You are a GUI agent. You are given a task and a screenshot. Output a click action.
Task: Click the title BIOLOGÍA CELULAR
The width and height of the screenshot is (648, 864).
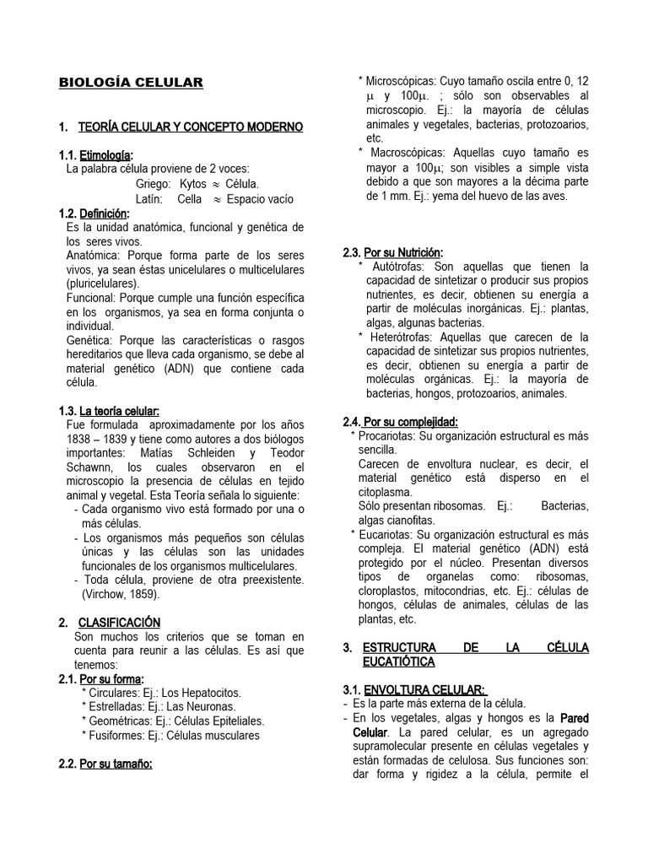130,83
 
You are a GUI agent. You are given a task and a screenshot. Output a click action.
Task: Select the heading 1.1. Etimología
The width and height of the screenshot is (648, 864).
96,154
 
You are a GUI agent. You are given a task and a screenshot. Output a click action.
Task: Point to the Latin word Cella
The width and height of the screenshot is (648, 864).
190,197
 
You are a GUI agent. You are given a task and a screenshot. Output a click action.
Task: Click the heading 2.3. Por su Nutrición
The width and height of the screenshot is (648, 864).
392,252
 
